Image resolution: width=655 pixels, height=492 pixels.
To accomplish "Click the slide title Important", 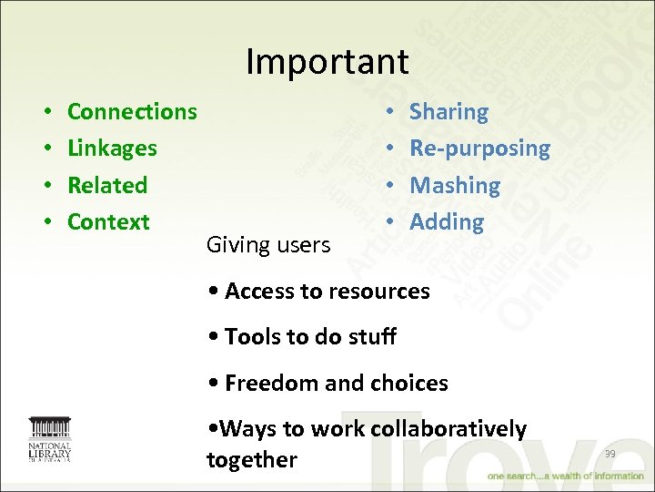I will (327, 62).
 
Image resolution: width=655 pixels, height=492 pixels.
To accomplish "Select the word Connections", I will (132, 112).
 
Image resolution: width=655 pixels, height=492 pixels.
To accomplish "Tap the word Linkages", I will (112, 149).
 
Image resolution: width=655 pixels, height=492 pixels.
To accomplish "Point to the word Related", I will (107, 185).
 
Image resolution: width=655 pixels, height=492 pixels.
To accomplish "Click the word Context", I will (108, 221).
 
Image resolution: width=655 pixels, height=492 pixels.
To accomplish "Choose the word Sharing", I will (448, 112).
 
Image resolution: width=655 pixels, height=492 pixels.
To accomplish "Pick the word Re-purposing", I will (479, 149).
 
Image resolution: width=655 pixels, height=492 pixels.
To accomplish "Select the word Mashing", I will (455, 185).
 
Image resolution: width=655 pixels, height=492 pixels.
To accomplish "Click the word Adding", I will (447, 221).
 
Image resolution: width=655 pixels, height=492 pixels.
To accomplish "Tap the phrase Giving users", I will (267, 244).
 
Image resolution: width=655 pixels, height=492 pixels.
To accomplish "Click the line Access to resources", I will (318, 292).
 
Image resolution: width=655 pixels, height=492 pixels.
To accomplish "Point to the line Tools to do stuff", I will (302, 337).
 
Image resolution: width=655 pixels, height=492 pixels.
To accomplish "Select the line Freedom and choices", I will (327, 384).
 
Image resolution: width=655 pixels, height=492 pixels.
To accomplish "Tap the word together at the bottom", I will (252, 460).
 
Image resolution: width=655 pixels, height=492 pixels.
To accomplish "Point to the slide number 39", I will (610, 454).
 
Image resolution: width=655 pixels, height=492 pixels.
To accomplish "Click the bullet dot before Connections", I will (45, 113).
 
